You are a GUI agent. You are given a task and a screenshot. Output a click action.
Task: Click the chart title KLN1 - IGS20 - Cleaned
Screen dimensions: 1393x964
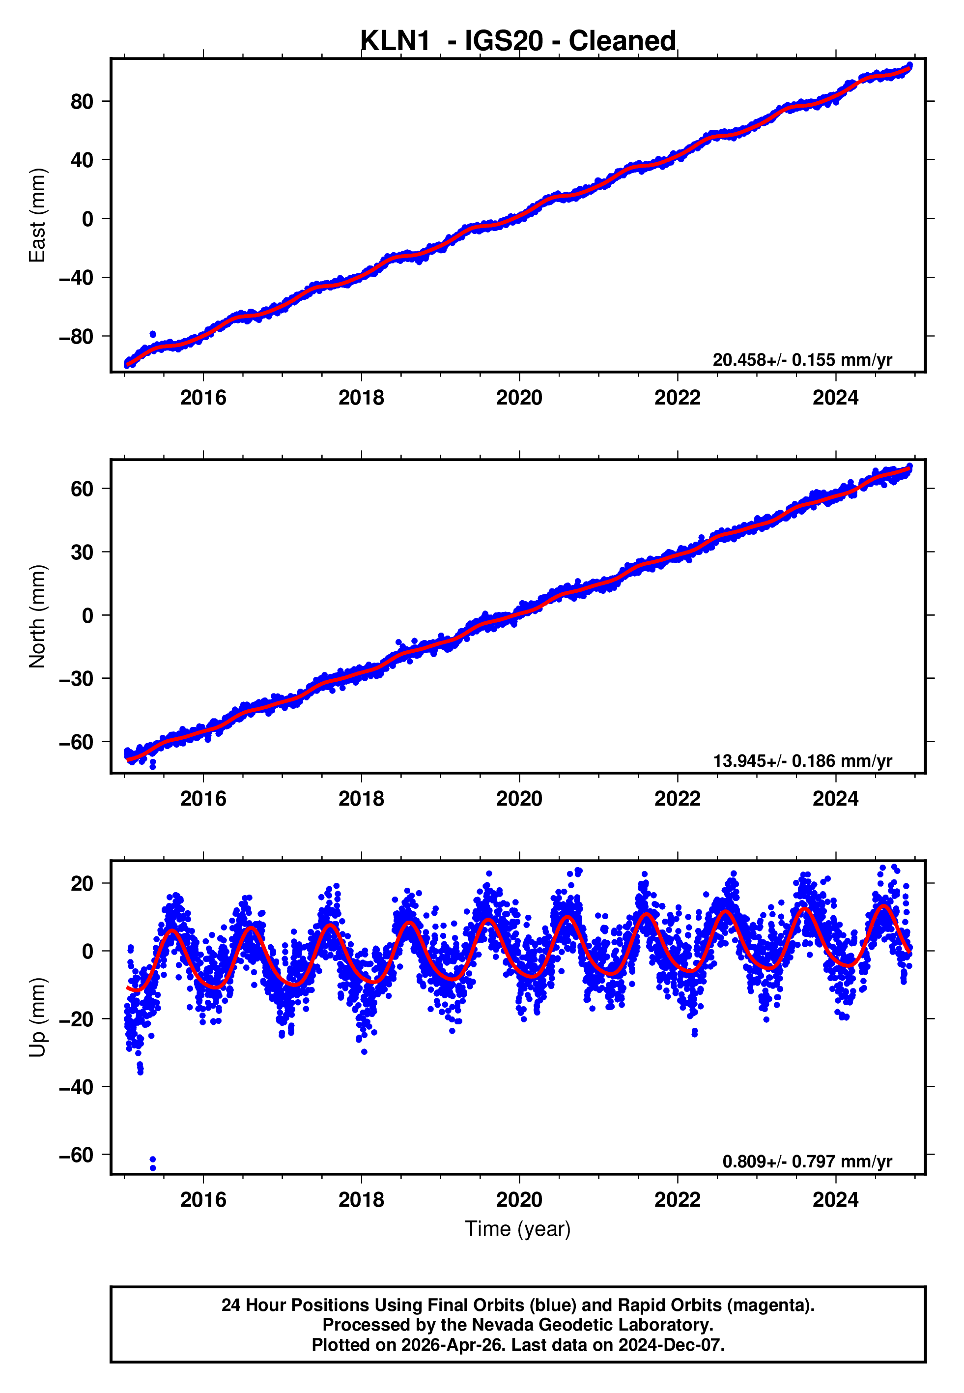518,41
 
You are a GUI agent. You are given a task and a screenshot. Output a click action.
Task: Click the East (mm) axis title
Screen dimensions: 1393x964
37,216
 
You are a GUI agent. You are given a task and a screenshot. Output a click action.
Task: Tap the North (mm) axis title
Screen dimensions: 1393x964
37,616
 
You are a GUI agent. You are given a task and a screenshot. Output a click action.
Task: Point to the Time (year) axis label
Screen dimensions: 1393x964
518,1229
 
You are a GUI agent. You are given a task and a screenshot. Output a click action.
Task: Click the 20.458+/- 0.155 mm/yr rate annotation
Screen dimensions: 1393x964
802,360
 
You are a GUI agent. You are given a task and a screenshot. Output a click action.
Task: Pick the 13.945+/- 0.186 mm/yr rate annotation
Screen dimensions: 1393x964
802,761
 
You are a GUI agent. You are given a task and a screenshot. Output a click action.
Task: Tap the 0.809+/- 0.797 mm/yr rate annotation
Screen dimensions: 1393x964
807,1161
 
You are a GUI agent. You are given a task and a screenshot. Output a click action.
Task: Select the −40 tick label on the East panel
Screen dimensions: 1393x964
76,278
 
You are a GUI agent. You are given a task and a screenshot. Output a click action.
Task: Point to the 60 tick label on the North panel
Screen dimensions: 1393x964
82,489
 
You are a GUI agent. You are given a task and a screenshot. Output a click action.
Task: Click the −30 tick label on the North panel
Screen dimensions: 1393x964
76,679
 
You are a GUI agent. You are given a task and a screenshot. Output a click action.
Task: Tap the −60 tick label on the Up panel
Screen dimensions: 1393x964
76,1155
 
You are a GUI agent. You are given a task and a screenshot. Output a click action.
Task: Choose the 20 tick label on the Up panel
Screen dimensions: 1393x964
82,884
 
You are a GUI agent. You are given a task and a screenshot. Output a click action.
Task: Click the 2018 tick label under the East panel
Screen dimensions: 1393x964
361,398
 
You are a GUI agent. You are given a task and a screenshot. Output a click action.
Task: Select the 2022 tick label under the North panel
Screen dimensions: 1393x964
677,799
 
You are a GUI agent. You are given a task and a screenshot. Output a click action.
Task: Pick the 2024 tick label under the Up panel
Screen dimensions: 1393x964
835,1200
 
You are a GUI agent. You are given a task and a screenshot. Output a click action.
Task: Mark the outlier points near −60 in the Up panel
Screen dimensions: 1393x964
153,1163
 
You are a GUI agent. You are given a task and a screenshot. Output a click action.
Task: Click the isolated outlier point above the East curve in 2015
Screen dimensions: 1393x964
153,334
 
